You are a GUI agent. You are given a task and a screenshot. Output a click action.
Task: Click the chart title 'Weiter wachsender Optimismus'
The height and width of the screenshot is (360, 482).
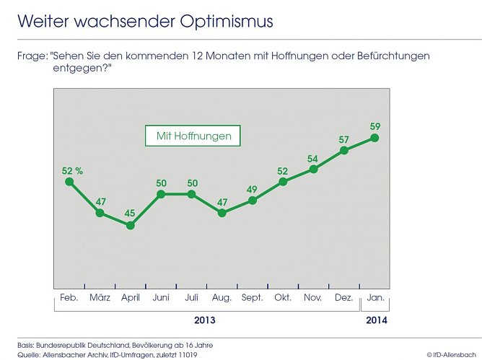tap(146, 21)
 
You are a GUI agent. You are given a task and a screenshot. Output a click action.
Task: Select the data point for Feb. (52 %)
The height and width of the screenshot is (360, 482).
tap(69, 182)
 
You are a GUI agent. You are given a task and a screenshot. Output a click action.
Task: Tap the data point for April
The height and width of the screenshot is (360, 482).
tap(130, 225)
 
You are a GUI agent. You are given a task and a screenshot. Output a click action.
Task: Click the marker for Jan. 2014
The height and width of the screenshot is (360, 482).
tap(374, 137)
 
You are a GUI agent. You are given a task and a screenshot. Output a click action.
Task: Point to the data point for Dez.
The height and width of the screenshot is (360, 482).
tap(344, 150)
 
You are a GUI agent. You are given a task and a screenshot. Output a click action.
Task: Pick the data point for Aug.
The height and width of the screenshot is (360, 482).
tap(222, 213)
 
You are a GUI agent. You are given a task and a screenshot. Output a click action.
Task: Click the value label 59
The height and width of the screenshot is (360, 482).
tap(374, 123)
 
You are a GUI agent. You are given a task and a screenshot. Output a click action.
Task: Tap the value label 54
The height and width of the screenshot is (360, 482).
tap(313, 158)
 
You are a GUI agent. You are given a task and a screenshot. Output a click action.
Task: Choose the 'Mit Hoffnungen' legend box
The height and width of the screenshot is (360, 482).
tap(193, 136)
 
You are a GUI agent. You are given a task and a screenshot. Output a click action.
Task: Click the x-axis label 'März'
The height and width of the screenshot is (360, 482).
tap(100, 297)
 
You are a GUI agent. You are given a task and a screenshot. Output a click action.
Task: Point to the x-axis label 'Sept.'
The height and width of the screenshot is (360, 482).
tap(252, 297)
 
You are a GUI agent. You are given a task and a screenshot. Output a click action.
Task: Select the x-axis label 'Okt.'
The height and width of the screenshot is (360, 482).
tap(283, 297)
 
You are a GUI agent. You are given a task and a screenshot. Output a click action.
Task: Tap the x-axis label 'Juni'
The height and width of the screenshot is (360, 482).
tap(160, 297)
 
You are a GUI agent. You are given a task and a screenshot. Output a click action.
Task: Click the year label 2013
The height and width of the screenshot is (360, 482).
tap(204, 319)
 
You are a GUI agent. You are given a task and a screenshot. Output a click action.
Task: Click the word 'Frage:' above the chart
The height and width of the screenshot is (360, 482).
tap(32, 56)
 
